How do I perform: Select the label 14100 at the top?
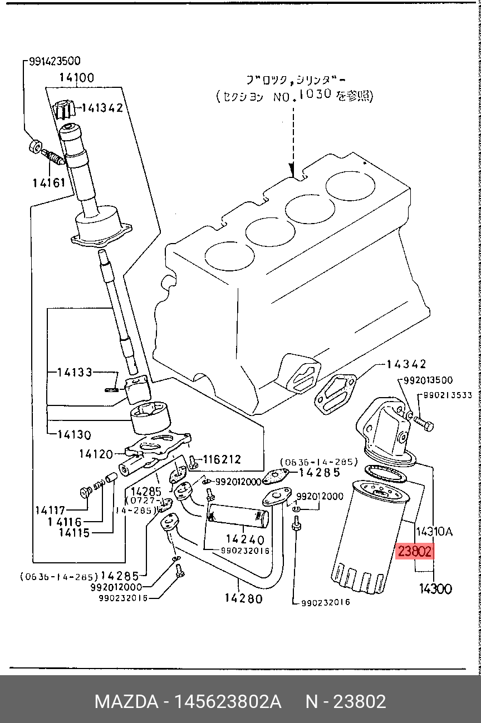click(77, 78)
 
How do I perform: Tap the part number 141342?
click(102, 108)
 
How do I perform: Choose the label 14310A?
click(434, 532)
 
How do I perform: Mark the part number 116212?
click(222, 459)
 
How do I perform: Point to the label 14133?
click(75, 372)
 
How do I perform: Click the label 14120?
click(96, 454)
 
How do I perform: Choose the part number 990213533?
click(447, 395)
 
